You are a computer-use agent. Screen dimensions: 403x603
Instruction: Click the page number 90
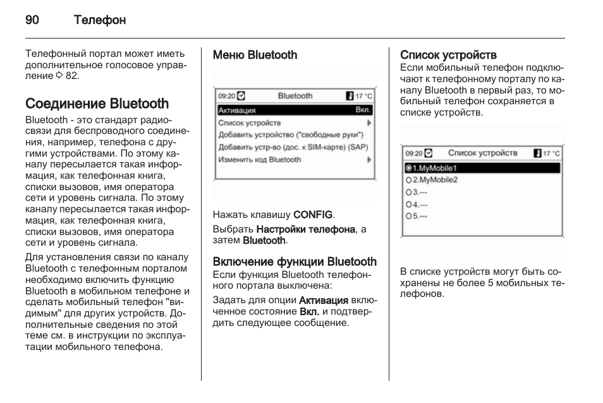point(32,20)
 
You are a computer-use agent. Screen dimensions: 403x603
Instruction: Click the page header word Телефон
point(99,20)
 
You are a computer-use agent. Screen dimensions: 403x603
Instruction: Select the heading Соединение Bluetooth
point(97,104)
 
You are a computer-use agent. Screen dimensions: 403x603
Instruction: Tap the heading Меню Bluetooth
point(255,56)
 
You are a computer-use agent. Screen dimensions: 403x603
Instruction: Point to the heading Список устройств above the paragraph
point(448,56)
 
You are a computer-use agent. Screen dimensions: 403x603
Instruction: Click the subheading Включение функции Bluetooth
point(295,262)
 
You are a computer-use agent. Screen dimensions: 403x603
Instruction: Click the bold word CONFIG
point(313,215)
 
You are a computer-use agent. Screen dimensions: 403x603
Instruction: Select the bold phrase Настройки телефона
point(305,229)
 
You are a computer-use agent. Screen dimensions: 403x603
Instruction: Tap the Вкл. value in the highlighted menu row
point(363,110)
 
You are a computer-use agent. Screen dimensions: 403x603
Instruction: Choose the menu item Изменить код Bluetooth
point(260,160)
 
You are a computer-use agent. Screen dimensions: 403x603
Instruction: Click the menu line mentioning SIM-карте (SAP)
point(293,147)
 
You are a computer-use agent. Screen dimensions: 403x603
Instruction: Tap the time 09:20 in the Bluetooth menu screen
point(226,97)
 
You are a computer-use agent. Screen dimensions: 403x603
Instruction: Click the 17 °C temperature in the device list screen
point(551,153)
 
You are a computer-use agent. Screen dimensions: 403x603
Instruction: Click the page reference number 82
point(73,76)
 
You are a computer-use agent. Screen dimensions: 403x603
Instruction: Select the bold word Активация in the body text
point(323,299)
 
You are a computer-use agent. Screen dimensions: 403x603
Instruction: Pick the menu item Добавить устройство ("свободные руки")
point(291,135)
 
